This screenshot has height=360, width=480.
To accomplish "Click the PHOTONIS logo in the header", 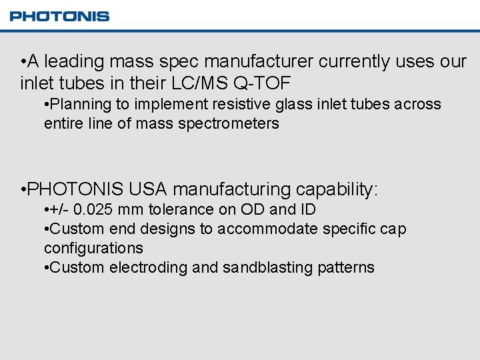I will point(59,16).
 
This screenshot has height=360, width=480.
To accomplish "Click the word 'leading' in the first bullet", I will point(75,62).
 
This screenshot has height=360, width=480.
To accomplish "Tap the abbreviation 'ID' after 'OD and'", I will point(308,209).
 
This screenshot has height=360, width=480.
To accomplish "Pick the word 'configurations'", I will point(93,248).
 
